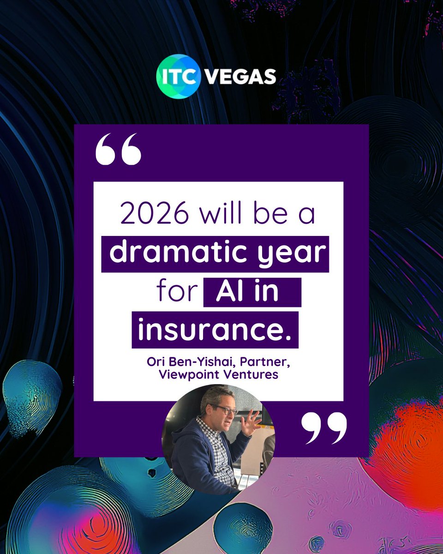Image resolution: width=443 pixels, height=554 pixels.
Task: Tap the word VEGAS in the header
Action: pos(240,77)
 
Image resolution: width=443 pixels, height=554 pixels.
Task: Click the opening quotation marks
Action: pos(118,150)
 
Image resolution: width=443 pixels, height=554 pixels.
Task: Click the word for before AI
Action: pos(177,292)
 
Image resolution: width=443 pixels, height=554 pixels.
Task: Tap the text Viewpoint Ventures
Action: pos(218,374)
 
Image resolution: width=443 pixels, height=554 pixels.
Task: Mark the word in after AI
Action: pos(269,292)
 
